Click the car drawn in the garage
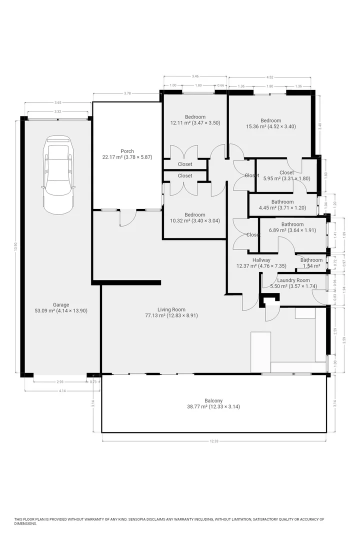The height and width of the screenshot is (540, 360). click(x=58, y=174)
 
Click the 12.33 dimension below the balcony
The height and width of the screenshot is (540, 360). click(x=214, y=441)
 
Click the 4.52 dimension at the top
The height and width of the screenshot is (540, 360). click(x=270, y=77)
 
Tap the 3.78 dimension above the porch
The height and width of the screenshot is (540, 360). click(x=127, y=93)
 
